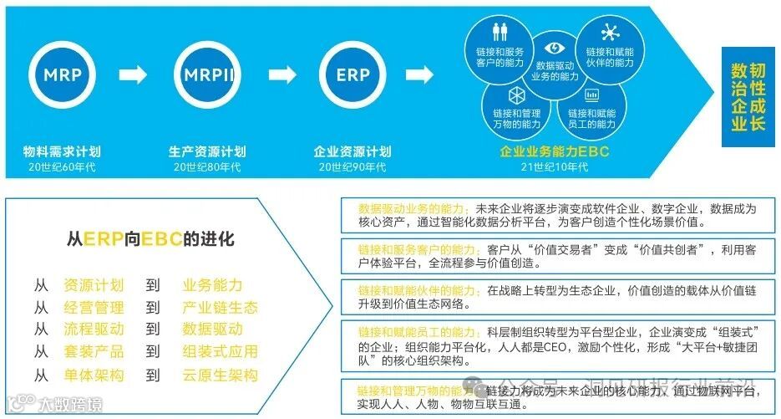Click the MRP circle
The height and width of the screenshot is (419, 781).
[63, 74]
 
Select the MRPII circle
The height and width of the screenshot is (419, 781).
[208, 74]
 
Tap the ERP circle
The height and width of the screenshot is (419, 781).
[352, 74]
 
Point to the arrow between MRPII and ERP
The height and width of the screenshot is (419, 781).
[281, 75]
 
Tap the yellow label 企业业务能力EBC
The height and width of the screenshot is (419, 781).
[555, 152]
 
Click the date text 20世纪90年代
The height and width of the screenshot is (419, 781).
[352, 166]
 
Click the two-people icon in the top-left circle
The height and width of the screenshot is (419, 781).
[500, 32]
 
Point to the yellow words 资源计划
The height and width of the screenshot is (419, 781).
[94, 285]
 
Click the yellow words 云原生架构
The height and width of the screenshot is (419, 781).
[220, 376]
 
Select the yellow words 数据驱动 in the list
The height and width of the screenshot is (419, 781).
[212, 330]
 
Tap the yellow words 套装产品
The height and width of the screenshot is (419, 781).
[94, 352]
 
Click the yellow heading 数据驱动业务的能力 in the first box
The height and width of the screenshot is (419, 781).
[414, 208]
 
